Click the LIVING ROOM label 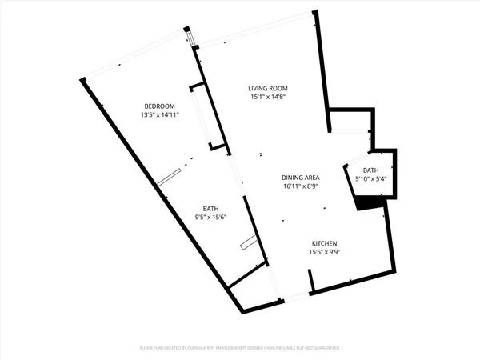267,88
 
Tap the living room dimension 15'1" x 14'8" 267,97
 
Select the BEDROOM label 159,106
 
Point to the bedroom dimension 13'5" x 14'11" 159,115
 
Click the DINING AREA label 301,178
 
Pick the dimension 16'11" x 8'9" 301,186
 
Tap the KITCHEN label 325,243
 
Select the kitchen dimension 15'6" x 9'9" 325,252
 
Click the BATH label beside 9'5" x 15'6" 211,207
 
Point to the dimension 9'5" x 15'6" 211,216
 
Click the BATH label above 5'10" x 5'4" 370,170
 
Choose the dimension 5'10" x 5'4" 370,179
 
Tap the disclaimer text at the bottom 240,349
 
